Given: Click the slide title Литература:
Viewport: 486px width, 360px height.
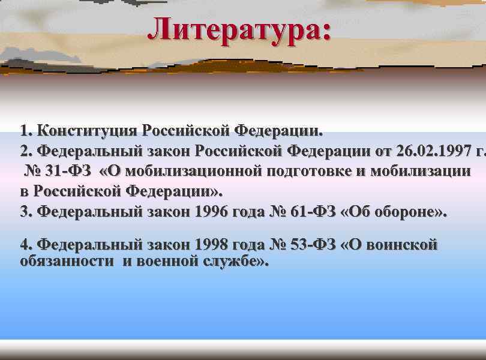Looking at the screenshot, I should click(239, 30).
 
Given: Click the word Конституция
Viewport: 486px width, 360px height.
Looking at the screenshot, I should click(88, 131).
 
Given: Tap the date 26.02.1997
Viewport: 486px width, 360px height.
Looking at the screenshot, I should click(425, 151).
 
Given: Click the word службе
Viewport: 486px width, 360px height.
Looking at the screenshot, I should click(232, 262).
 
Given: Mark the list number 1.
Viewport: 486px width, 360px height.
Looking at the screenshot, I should click(24, 131).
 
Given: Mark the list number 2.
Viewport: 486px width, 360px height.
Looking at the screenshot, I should click(24, 151).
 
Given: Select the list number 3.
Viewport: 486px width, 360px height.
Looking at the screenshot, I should click(24, 212).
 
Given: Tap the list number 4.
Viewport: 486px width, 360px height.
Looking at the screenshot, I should click(25, 245).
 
